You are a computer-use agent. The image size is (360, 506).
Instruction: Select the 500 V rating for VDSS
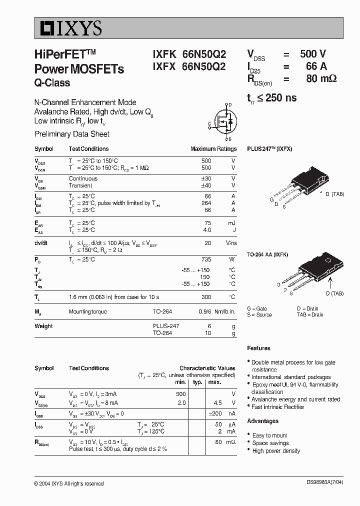[x=313, y=54]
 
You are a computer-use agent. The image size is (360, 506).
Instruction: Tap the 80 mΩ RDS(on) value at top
[x=320, y=78]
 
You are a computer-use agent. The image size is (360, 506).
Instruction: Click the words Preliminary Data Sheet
[x=72, y=134]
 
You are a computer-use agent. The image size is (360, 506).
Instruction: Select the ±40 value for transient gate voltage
[x=205, y=185]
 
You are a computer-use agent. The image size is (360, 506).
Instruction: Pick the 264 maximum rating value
[x=206, y=203]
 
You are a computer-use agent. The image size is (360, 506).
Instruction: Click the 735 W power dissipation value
[x=206, y=259]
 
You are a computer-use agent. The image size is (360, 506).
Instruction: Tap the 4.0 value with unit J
[x=206, y=230]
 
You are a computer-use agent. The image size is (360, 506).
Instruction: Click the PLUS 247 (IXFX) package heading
[x=269, y=149]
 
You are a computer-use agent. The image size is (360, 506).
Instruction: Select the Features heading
[x=258, y=348]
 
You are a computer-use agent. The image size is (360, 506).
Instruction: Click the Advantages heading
[x=262, y=421]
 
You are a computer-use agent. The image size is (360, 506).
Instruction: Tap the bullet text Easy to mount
[x=270, y=435]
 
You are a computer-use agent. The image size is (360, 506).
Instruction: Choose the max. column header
[x=215, y=382]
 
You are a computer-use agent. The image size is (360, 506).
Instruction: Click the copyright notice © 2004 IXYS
[x=69, y=483]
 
